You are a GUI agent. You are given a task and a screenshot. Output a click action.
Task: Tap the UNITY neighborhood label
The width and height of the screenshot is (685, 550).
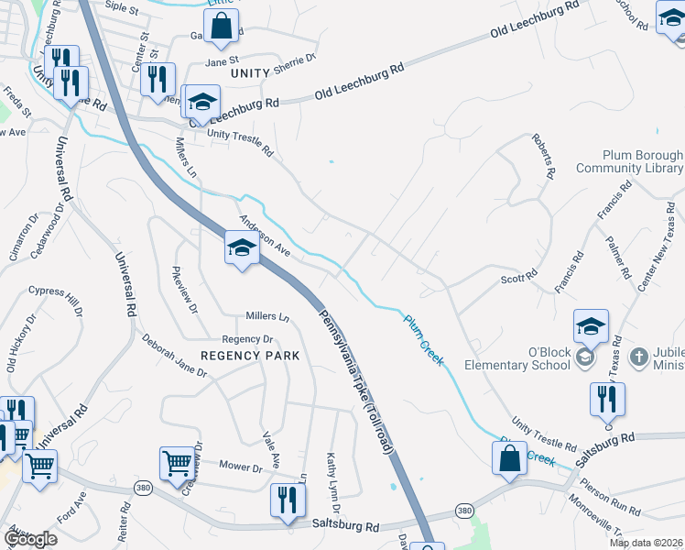tap(250, 72)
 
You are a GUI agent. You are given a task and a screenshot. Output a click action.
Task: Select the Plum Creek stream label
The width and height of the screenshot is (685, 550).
tap(425, 340)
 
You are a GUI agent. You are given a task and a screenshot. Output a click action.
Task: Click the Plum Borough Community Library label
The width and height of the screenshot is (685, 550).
tap(630, 162)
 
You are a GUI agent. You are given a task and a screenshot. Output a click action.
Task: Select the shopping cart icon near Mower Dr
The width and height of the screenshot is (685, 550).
tap(176, 463)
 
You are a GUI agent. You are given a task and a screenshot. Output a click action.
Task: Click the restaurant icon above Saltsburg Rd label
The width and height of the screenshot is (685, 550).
tap(288, 500)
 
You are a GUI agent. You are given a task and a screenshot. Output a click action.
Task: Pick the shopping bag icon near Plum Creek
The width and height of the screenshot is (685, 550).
tap(509, 458)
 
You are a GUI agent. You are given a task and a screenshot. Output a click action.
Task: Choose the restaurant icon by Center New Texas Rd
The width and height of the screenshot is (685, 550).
tap(607, 400)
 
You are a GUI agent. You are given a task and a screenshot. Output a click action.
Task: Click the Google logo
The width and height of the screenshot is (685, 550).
tap(30, 539)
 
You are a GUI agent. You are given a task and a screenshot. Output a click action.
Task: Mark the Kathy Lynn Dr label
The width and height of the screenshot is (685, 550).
tap(334, 482)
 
